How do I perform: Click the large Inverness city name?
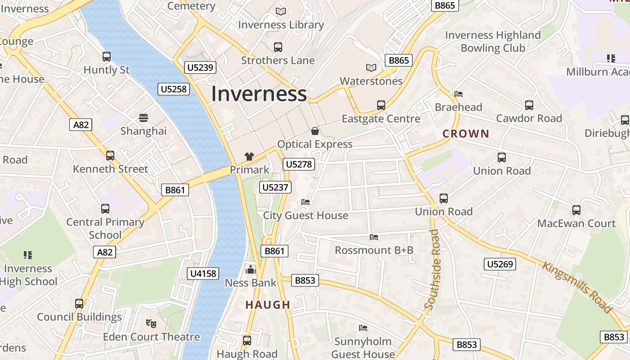[x=259, y=94]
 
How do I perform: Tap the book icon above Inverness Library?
[x=281, y=11]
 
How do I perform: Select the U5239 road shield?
[x=200, y=67]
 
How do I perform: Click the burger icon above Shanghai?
[x=144, y=118]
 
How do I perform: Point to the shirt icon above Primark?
[x=249, y=157]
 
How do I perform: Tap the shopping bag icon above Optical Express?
[x=315, y=131]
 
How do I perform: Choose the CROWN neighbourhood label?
[x=465, y=134]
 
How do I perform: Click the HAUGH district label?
[x=268, y=305]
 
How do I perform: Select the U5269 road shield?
[x=500, y=264]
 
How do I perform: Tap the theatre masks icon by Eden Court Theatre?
[x=151, y=323]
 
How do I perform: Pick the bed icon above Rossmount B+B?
[x=374, y=237]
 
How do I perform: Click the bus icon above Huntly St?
[x=107, y=57]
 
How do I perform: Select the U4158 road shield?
[x=203, y=273]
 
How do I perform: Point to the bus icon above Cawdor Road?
[x=529, y=105]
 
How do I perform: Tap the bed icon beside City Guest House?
[x=306, y=202]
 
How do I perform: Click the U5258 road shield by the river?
[x=174, y=89]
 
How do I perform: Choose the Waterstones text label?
[x=371, y=81]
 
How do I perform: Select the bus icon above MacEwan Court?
[x=576, y=210]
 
